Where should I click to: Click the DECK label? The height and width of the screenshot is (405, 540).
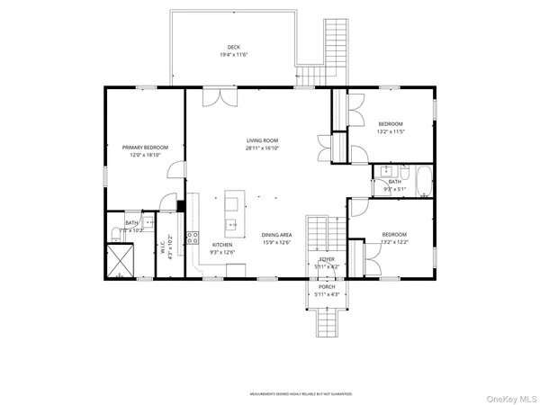coord(233,47)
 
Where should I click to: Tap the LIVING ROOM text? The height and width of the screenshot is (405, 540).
coord(263,140)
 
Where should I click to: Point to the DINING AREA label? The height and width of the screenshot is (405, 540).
coord(277,234)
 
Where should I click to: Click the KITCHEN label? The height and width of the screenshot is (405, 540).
coord(223,245)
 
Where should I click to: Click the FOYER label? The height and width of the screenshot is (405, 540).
coord(327,259)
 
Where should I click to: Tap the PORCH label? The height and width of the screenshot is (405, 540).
coord(327,288)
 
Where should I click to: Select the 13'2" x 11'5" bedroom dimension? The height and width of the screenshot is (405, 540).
coord(391,131)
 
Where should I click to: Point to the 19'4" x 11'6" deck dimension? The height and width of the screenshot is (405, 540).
coord(233,55)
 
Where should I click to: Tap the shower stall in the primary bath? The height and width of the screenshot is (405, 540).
coord(120,262)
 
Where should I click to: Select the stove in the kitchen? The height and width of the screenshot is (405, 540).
coord(193,238)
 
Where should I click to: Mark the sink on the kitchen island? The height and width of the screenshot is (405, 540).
coord(232,223)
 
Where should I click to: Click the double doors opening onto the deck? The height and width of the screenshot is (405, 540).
coord(220,95)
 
